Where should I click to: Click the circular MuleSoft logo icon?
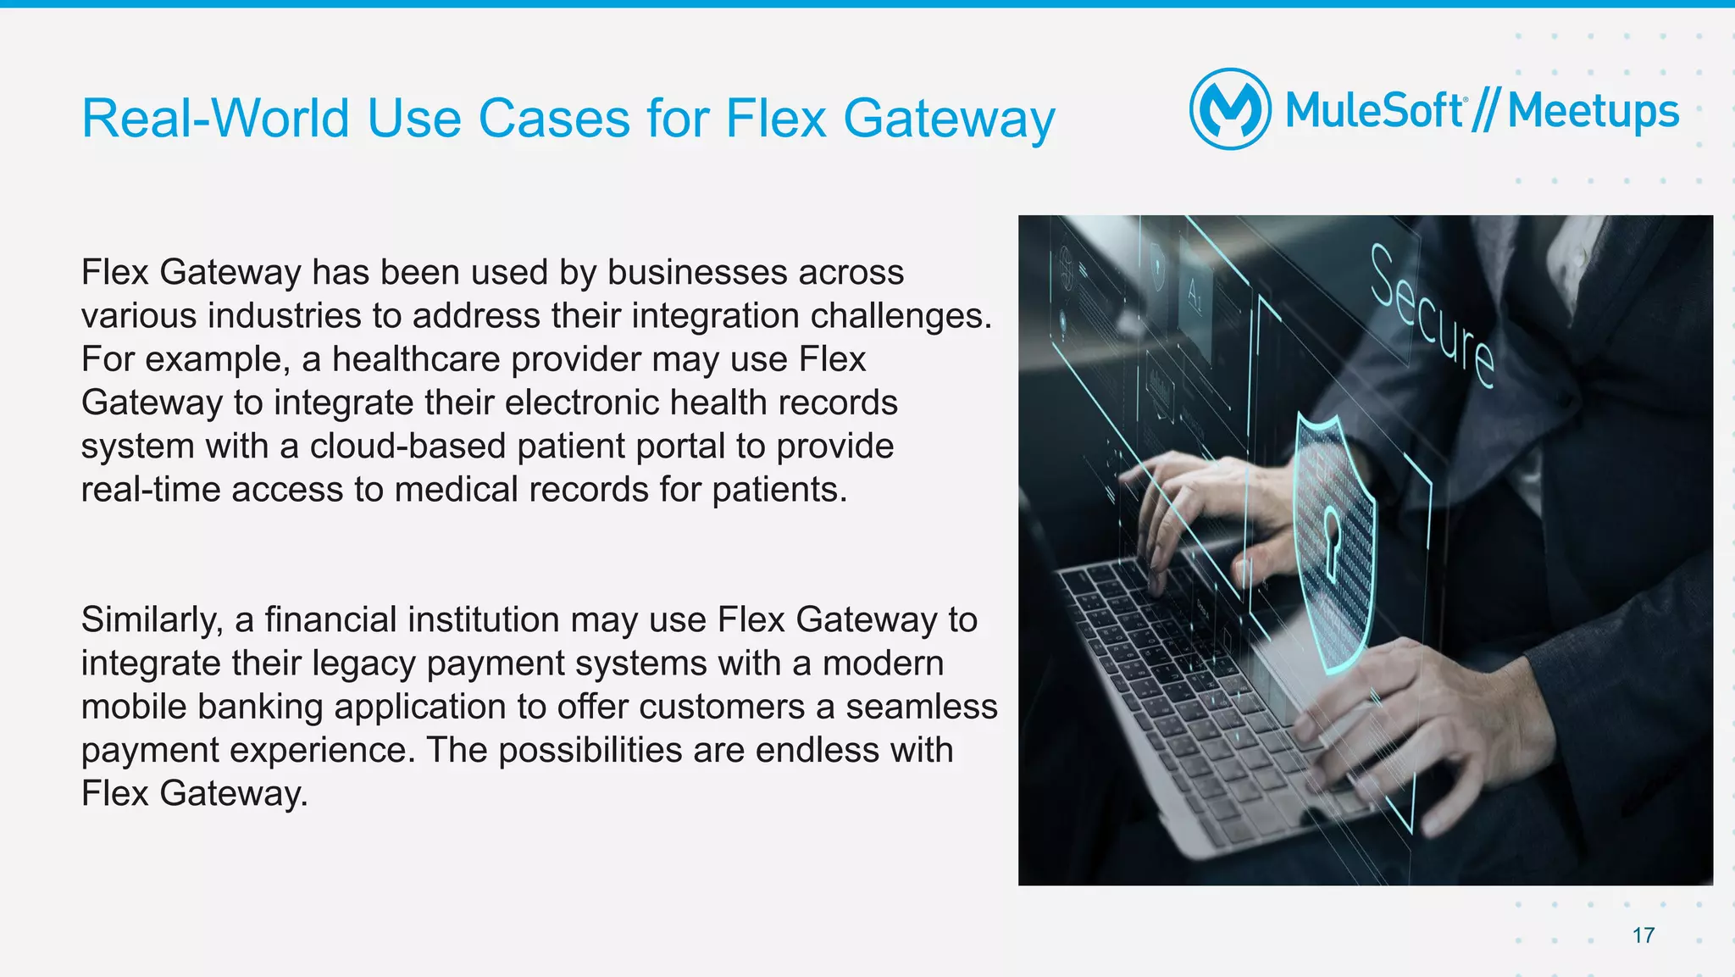tap(1230, 109)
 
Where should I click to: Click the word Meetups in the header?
tap(1593, 112)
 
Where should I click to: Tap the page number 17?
tap(1644, 935)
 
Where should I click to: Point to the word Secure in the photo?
tap(1432, 315)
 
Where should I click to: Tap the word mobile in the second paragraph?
tap(134, 707)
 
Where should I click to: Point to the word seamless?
tap(922, 707)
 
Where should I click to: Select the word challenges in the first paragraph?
tap(901, 316)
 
